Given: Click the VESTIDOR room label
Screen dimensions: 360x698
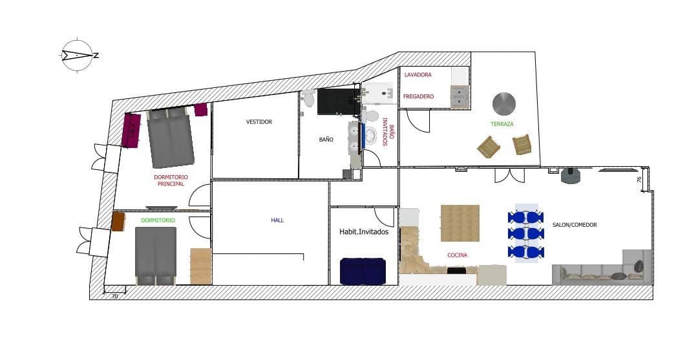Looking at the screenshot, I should click(x=259, y=122).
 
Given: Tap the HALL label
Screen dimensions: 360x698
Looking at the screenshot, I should click(x=277, y=220).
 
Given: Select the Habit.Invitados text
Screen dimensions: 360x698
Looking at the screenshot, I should click(x=364, y=231).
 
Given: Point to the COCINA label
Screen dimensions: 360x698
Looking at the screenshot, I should click(x=457, y=255).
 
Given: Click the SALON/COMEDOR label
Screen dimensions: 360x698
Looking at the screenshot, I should click(x=575, y=225).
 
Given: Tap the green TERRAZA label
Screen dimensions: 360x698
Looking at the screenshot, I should click(x=502, y=124).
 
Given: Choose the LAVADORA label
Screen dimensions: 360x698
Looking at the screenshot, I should click(x=418, y=75).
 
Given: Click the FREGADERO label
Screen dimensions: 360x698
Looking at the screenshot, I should click(x=418, y=96).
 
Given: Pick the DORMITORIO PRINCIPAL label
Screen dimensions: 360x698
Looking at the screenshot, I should click(x=171, y=180).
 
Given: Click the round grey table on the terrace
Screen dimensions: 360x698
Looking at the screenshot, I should click(x=504, y=103).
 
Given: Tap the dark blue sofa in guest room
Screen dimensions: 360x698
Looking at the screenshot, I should click(x=363, y=270).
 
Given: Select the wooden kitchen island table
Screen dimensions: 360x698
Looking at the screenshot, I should click(x=460, y=223).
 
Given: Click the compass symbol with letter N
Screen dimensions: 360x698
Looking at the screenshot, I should click(x=78, y=55).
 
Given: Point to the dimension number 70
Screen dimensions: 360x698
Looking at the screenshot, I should click(x=114, y=296).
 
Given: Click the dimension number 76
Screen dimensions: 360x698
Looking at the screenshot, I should click(x=639, y=180).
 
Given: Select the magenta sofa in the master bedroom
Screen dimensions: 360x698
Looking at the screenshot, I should click(x=131, y=130).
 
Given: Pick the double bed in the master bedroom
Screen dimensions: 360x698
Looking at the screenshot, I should click(x=171, y=137).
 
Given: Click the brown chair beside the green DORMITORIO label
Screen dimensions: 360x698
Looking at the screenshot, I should click(x=118, y=221).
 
